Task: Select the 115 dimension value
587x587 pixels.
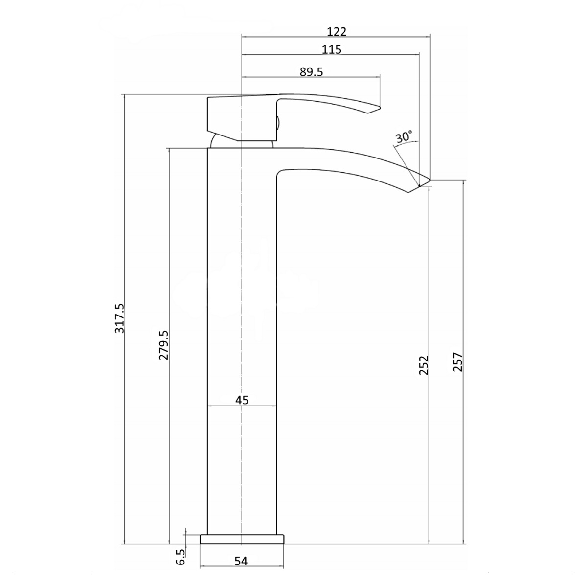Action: (331, 49)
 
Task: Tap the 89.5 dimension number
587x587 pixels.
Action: (311, 72)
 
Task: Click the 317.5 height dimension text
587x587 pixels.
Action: (119, 318)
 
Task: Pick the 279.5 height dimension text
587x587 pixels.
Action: (163, 345)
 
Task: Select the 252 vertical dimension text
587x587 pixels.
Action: (423, 365)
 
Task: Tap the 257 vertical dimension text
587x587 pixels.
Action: (457, 362)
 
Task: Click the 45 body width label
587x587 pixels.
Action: (242, 400)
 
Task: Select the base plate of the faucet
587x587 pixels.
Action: (242, 539)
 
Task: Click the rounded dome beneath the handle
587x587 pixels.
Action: (215, 141)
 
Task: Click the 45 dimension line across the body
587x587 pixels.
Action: (259, 406)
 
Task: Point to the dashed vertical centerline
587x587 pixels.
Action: (242, 293)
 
